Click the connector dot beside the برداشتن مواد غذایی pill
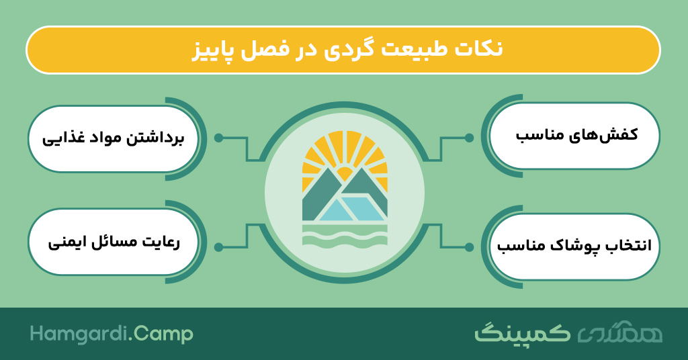(218, 138)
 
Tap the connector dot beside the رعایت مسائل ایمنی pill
(218, 247)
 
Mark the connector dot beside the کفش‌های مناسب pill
(469, 138)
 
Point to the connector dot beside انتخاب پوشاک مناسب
(469, 247)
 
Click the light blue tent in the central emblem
(351, 209)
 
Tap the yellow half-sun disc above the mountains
(345, 174)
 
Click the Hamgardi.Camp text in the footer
(112, 334)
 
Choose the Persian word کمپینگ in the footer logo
(522, 333)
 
